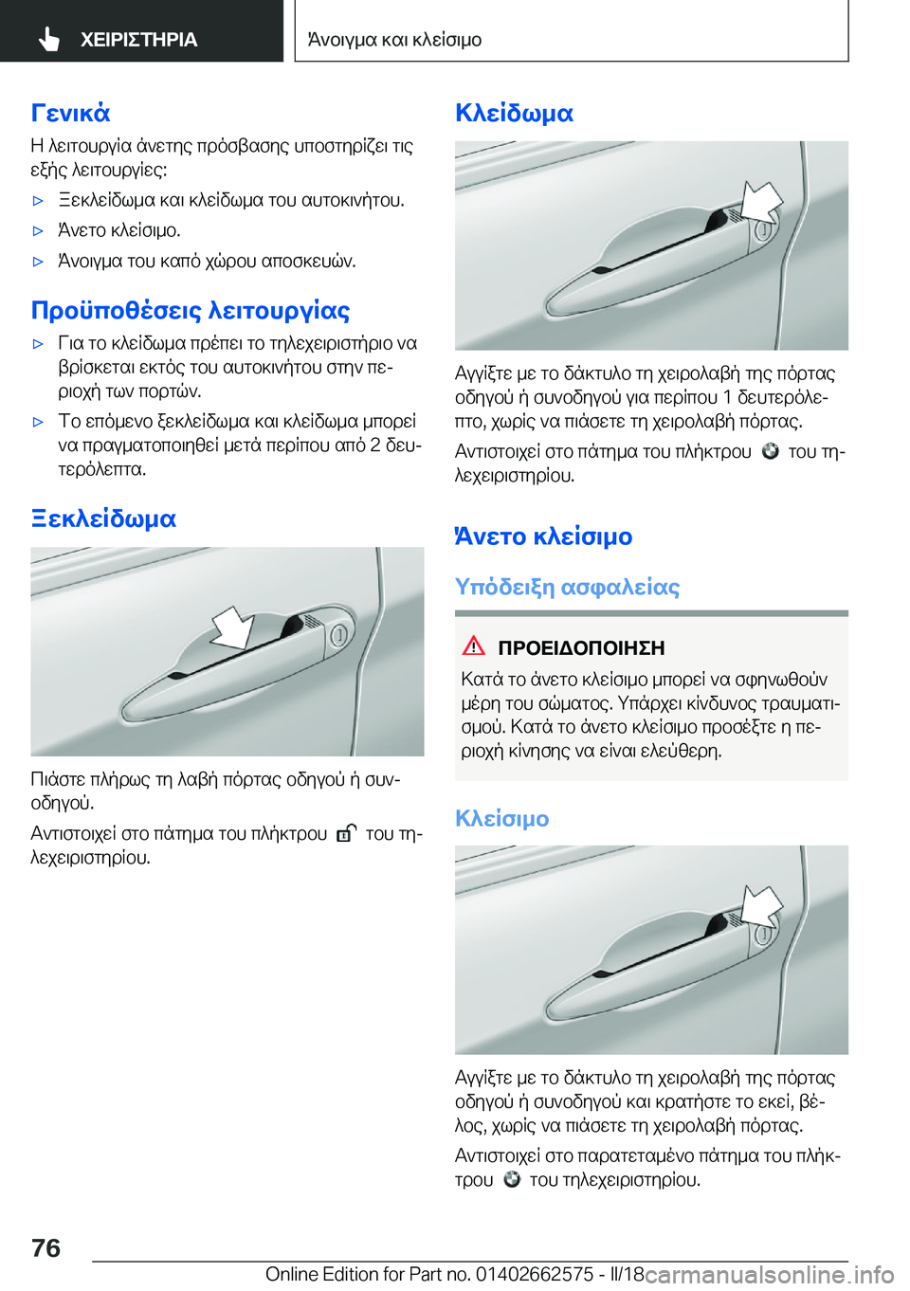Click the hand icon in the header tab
49,39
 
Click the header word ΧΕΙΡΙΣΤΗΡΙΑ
138,40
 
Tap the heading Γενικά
70,113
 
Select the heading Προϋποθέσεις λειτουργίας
191,311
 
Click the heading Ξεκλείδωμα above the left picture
103,518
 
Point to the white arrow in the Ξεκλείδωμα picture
232,627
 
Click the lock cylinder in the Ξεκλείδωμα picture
338,635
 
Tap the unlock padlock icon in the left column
346,833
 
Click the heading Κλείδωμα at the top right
514,113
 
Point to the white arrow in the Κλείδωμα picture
761,201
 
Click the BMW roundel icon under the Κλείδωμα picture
770,451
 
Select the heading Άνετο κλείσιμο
543,536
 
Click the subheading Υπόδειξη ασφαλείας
567,587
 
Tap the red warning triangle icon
473,646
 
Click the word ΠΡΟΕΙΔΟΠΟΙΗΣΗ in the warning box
581,648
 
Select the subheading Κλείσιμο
501,818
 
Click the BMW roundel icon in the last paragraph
512,1179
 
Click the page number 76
45,1247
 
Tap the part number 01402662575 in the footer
535,1274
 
